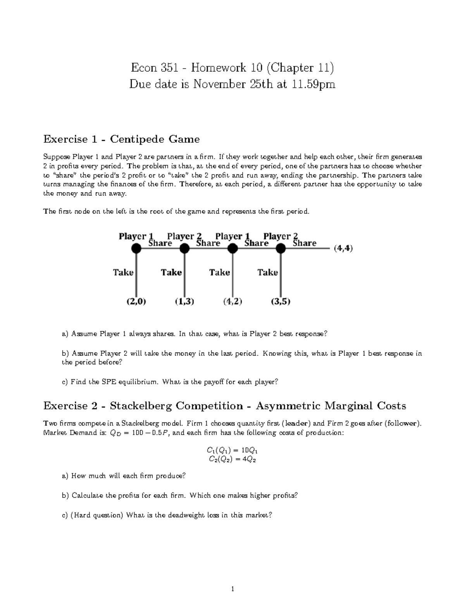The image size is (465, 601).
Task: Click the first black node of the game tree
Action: coord(136,248)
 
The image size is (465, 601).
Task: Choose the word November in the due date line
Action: coord(219,84)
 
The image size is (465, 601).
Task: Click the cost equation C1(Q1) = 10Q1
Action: coord(232,450)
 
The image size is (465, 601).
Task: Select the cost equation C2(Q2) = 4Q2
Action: coord(232,459)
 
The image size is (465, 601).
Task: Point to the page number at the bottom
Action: coord(232,589)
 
